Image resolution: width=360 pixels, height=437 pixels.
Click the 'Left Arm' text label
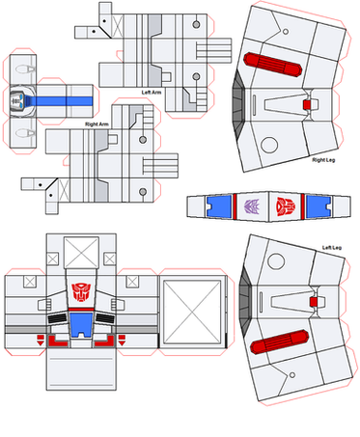pos(152,93)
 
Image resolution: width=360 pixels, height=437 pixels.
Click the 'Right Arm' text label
pos(97,124)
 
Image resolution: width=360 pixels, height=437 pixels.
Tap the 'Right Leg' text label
pos(323,160)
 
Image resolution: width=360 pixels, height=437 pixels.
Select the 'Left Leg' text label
pos(332,247)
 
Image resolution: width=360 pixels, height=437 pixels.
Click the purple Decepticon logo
pos(251,206)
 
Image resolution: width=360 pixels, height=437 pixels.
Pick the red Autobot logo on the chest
pos(81,292)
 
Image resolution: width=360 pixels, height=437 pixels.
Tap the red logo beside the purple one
pos(286,206)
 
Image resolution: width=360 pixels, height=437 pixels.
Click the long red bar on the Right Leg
pos(272,65)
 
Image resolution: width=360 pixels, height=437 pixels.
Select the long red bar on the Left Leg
pos(280,341)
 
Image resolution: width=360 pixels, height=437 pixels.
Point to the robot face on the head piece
pos(17,100)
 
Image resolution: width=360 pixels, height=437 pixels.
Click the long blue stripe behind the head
pos(61,101)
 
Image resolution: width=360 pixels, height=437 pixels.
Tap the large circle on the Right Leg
pos(269,145)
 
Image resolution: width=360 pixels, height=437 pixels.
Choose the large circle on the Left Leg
pos(276,260)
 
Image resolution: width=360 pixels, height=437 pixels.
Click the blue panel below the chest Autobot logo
pos(81,325)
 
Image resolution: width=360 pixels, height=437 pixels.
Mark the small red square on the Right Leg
pos(307,104)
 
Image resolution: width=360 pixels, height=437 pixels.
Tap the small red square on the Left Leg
pos(314,302)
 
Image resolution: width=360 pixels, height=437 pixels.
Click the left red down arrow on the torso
pos(41,341)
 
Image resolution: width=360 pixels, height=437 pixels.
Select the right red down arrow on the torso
pos(122,341)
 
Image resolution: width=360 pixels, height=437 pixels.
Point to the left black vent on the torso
pos(58,318)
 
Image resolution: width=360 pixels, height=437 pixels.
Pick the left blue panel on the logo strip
pos(219,206)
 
